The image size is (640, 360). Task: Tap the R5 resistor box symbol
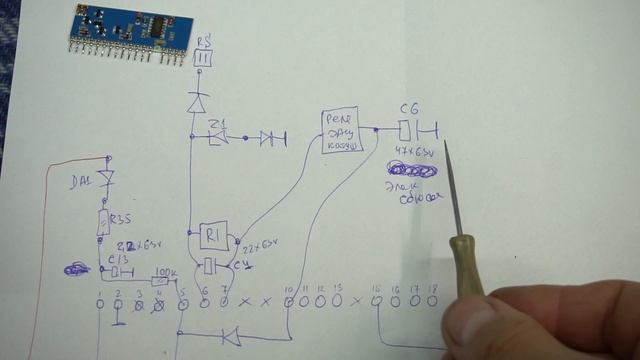click(203, 59)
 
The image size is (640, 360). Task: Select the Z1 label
click(218, 123)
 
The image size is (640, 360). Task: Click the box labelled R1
click(212, 236)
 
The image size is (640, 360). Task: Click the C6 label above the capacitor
click(408, 107)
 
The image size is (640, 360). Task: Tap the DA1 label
click(79, 181)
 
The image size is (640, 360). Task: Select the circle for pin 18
click(433, 299)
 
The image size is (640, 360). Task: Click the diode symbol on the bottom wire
click(231, 334)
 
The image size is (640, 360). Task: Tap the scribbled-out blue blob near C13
click(76, 268)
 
